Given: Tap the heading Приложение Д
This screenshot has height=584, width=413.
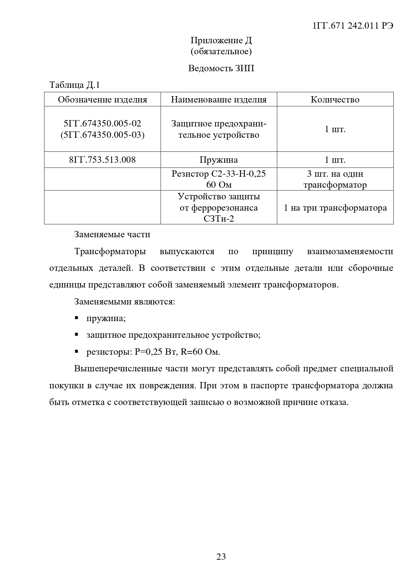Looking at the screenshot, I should point(221,41).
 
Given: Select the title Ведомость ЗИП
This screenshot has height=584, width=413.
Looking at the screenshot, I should point(221,68).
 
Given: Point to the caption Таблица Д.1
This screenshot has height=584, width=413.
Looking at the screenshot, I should point(75,85).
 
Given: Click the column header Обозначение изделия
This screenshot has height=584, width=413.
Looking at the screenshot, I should point(103,99).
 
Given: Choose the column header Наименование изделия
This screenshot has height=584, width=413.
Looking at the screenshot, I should point(219,99).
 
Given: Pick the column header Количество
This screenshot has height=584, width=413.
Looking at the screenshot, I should point(335,99).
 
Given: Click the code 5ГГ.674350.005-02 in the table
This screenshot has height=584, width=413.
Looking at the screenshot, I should point(103,123).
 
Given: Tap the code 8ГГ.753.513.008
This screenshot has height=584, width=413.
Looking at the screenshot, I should point(103,160).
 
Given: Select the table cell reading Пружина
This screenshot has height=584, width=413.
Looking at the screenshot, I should point(219,160).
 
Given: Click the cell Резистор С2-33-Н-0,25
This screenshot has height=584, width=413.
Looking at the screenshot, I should point(219,174).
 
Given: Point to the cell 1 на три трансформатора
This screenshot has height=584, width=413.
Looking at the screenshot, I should point(335,208).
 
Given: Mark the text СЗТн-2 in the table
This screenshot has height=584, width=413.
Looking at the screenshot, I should point(219,219).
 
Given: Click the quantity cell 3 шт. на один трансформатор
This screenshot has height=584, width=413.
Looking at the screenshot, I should point(335,179).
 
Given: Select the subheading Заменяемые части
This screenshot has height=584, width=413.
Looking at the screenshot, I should point(112,235).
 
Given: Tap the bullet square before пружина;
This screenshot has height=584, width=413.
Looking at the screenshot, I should point(77,318).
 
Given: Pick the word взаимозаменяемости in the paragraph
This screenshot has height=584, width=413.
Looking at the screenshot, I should point(350,251).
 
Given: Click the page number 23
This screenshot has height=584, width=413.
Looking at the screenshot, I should point(221,556).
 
